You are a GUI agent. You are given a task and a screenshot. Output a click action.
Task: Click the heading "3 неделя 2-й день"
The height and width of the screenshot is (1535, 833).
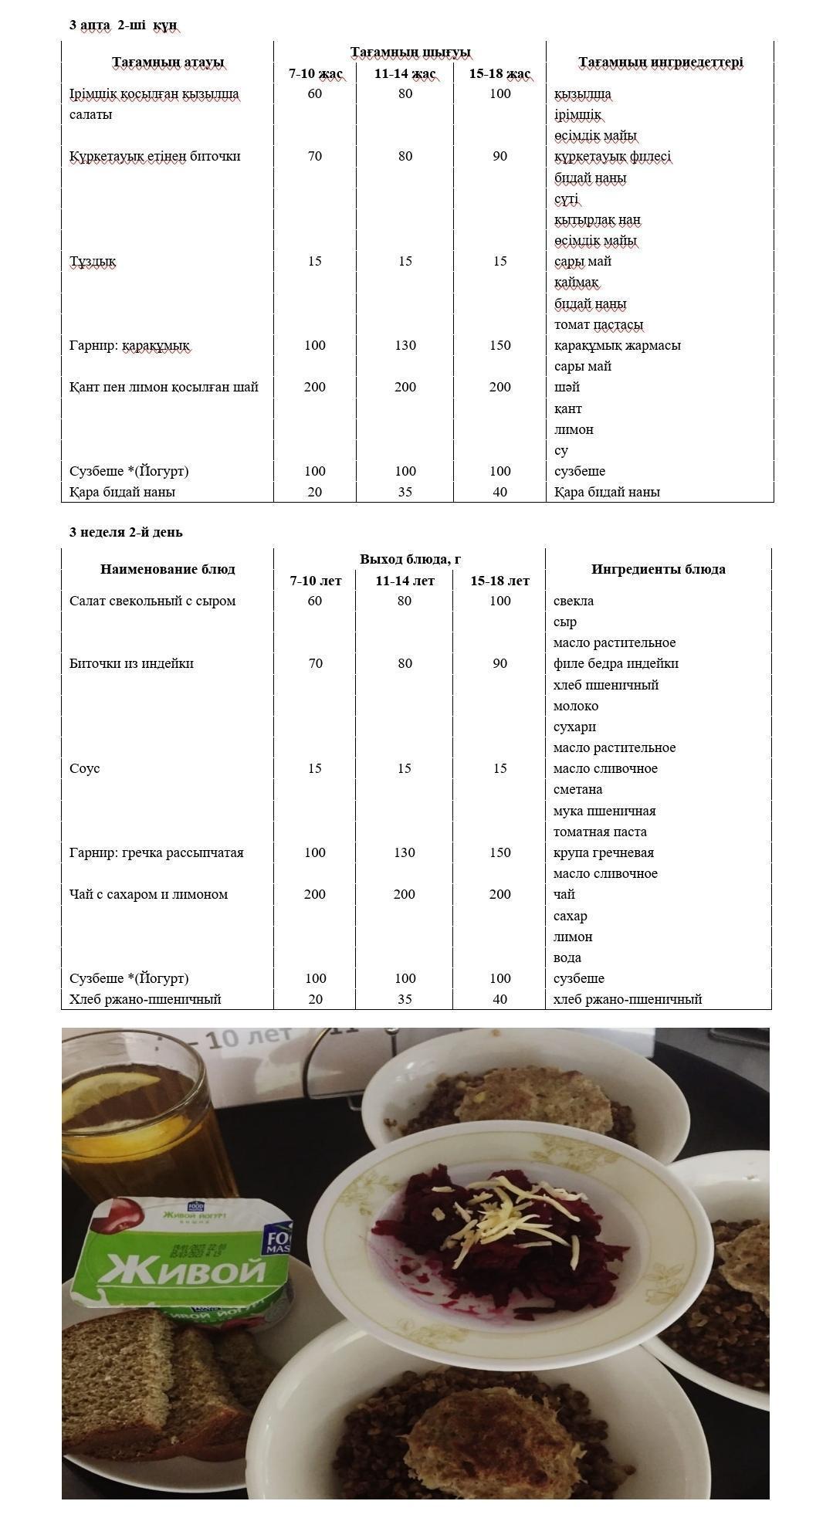tap(126, 532)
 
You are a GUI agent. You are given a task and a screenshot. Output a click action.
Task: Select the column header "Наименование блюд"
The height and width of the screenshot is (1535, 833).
tap(168, 569)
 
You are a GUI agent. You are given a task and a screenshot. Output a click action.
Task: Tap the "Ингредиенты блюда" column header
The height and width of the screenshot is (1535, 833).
tap(658, 569)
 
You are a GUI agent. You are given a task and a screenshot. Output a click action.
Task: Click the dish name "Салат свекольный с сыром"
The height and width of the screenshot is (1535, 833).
tap(152, 601)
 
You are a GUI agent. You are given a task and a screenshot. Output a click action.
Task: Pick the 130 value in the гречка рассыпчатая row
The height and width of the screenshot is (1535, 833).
tap(405, 852)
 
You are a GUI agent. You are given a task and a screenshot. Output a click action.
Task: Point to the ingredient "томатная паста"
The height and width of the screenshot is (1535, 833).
tap(600, 832)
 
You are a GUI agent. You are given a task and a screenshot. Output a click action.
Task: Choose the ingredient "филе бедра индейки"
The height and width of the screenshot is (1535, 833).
tap(615, 663)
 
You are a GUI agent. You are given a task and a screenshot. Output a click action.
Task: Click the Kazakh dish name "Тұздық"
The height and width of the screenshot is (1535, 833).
tap(93, 261)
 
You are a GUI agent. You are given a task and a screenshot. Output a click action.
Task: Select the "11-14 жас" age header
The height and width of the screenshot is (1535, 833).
tap(405, 74)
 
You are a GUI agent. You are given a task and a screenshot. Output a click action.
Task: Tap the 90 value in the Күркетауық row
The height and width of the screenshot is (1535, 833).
tap(499, 156)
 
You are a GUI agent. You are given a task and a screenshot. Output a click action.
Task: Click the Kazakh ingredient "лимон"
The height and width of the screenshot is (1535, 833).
tap(574, 429)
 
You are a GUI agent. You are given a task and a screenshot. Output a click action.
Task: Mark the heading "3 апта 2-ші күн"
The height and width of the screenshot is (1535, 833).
tap(123, 25)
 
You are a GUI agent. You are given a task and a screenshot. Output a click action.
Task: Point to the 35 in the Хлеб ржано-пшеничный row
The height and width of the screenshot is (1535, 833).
tap(405, 999)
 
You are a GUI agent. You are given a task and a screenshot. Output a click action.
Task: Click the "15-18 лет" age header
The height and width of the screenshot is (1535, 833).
tap(499, 581)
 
